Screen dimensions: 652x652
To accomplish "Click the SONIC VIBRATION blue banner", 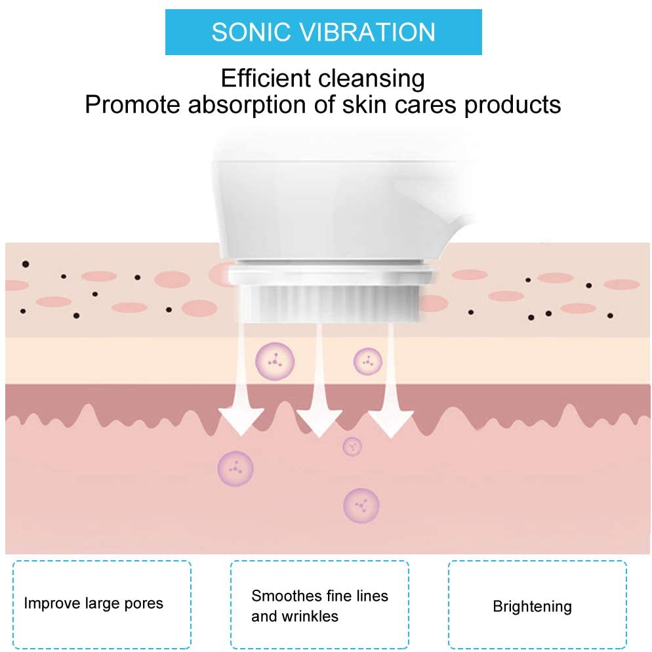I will tap(323, 32).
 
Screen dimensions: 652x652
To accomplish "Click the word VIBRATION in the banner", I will tap(377, 32).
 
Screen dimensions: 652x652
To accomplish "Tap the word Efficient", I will tap(267, 79).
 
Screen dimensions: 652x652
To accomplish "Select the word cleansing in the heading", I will tap(372, 79).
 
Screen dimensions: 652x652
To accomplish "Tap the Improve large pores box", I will tap(102, 603).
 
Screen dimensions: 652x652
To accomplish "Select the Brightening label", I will tap(532, 607).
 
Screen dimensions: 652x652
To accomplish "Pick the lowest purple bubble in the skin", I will tap(361, 505).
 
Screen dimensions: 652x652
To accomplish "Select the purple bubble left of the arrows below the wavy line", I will tap(235, 468).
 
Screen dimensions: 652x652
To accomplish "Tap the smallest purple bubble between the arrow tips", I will tap(353, 446).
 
